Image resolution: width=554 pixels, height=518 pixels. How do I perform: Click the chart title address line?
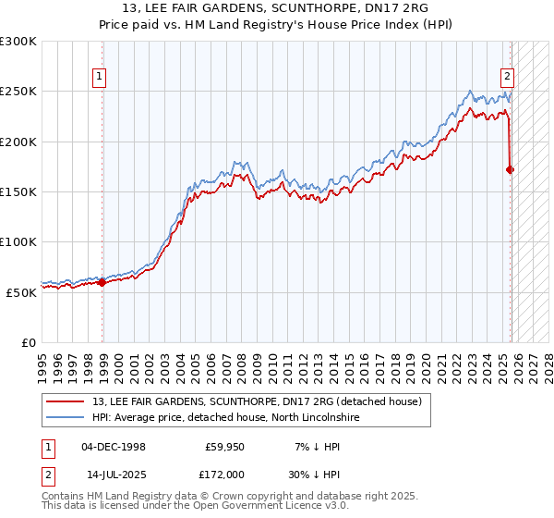tap(277, 9)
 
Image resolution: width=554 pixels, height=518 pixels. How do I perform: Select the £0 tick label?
tap(29, 342)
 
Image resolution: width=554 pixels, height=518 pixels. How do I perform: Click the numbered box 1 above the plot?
tap(98, 78)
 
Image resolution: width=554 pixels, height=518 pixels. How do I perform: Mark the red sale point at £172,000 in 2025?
tap(510, 169)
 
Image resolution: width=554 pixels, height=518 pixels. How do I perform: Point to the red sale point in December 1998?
tap(102, 283)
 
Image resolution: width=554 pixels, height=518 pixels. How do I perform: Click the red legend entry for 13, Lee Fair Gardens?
tap(249, 401)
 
